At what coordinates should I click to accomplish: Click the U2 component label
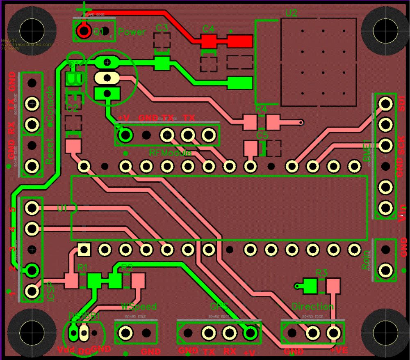point(291,13)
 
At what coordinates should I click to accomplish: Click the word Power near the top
point(132,32)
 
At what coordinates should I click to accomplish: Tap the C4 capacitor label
point(209,29)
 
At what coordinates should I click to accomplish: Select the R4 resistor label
point(261,109)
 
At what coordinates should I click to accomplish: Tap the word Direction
point(312,307)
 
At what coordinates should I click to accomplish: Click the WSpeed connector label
point(139,306)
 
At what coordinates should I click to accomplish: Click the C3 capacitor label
point(162,28)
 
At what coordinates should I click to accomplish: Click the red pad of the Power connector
point(84,31)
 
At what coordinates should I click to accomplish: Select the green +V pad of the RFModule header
point(126,134)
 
